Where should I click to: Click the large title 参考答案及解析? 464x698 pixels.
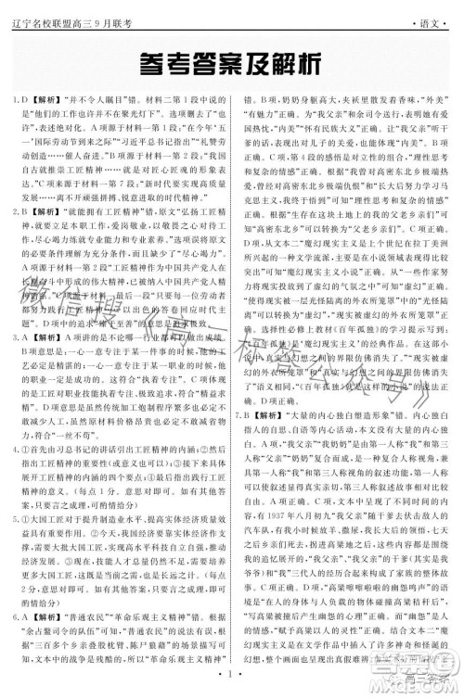point(232,63)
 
